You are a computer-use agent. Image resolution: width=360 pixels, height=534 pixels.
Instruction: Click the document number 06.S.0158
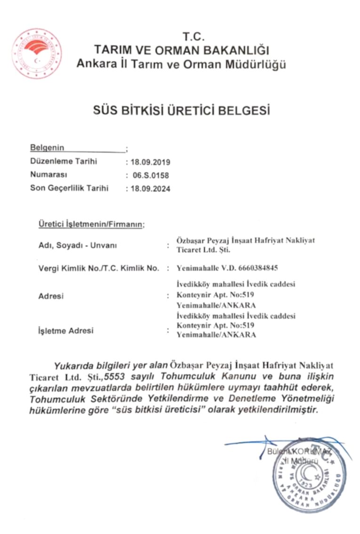coord(151,176)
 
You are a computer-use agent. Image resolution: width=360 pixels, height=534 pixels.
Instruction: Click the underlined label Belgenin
coord(47,148)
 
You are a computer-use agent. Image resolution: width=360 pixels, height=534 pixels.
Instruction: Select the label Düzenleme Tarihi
coord(64,162)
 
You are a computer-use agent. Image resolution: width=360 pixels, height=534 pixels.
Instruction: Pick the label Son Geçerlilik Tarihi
coord(69,188)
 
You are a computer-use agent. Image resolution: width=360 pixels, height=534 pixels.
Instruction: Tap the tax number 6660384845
coord(258,268)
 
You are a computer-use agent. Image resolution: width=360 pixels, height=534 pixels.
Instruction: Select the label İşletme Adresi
coord(65,331)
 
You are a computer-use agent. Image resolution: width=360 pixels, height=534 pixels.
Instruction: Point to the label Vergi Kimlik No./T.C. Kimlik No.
coord(99,268)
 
